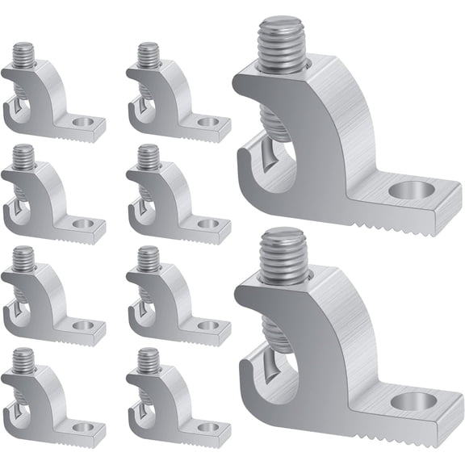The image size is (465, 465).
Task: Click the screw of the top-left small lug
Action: point(23,57)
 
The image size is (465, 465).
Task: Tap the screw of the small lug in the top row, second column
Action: point(149,57)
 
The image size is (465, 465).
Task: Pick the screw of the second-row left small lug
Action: point(23,157)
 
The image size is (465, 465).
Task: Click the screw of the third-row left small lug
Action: point(23,259)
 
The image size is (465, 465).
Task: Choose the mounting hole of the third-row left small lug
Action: point(82,325)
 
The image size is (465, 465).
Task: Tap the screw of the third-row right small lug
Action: point(149,259)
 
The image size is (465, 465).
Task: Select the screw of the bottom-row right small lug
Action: point(149,360)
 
